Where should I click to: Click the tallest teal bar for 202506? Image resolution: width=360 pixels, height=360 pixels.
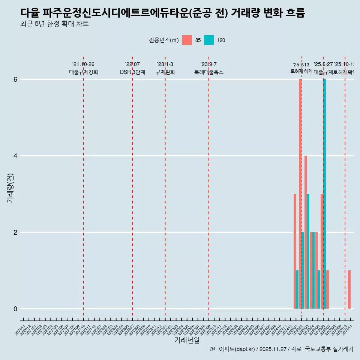pyautogui.click(x=325, y=194)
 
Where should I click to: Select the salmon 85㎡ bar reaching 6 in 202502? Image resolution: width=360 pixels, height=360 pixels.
pyautogui.click(x=300, y=194)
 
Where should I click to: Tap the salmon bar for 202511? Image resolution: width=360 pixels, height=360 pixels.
pyautogui.click(x=349, y=289)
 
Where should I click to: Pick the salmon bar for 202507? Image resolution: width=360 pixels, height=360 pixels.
pyautogui.click(x=327, y=289)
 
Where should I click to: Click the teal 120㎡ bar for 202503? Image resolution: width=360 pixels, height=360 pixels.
pyautogui.click(x=308, y=251)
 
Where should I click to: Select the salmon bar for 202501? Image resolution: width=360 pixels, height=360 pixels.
pyautogui.click(x=295, y=251)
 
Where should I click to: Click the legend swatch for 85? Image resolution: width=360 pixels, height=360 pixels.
pyautogui.click(x=187, y=40)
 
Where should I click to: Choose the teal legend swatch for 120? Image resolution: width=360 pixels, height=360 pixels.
pyautogui.click(x=209, y=40)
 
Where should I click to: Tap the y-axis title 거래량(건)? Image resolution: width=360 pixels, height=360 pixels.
pyautogui.click(x=10, y=187)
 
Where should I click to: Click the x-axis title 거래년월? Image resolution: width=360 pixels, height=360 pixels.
pyautogui.click(x=187, y=340)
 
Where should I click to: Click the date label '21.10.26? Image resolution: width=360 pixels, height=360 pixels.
pyautogui.click(x=83, y=64)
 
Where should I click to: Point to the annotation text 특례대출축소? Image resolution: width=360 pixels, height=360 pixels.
pyautogui.click(x=208, y=72)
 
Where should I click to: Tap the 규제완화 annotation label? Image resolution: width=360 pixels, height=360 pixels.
pyautogui.click(x=165, y=72)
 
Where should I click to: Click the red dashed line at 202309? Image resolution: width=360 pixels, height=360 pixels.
pyautogui.click(x=208, y=187)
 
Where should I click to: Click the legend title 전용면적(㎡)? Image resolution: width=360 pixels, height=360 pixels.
pyautogui.click(x=163, y=40)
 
